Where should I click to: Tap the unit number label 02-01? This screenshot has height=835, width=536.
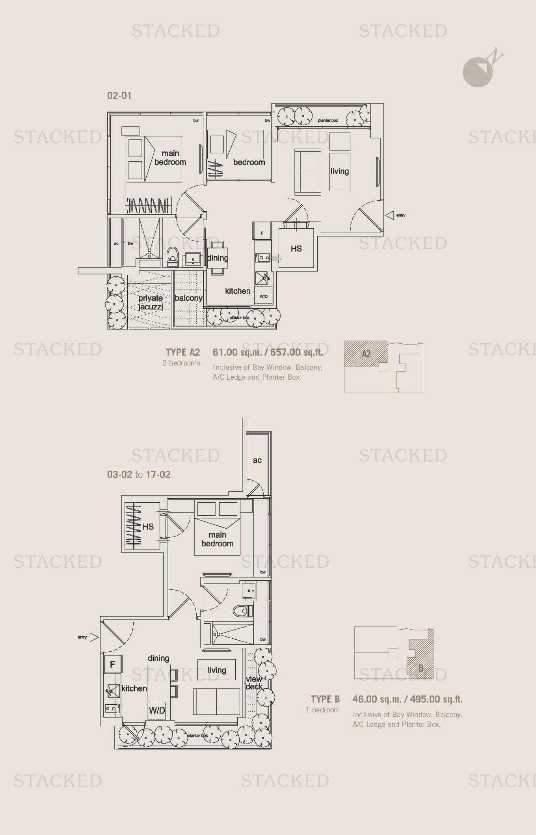coord(119,95)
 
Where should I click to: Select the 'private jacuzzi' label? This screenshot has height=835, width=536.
coord(151,302)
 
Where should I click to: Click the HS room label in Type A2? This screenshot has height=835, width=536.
coord(296,248)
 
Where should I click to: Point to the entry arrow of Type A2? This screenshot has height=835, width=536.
coord(390,215)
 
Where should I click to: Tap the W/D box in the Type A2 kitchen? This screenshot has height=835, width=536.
coord(264,296)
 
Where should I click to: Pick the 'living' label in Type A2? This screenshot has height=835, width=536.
coord(339,171)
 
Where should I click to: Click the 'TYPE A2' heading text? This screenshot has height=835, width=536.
coord(183,352)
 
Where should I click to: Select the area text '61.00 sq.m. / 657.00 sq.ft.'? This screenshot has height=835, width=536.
coord(268,352)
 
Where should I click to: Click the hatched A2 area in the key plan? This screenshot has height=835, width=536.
coord(366,354)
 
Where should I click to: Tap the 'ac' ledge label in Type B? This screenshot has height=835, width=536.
coord(257,460)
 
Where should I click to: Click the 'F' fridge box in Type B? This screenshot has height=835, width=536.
coord(113,664)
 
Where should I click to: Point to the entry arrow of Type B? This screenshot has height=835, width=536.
coord(94,637)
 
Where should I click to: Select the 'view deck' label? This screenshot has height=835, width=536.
coord(254,683)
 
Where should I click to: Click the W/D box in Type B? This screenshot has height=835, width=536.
coord(157,710)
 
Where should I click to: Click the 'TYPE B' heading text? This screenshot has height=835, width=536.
coord(325,699)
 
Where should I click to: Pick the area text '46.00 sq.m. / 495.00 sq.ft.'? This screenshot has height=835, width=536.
coord(408,699)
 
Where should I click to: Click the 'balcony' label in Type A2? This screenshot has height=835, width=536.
coord(188,298)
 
